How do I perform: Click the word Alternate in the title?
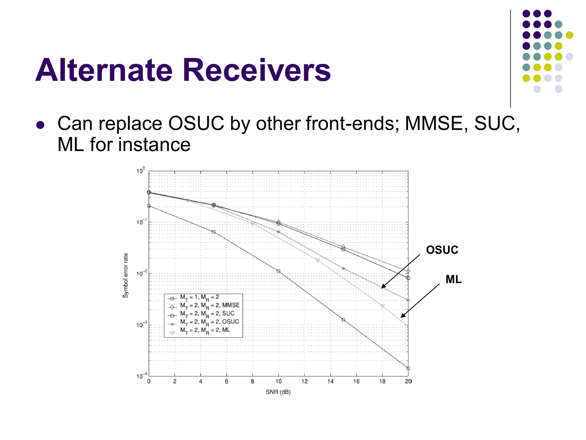click(x=104, y=70)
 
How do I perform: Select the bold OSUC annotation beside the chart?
click(x=442, y=250)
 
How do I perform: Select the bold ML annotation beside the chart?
click(x=454, y=279)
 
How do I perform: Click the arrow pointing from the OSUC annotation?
click(x=401, y=271)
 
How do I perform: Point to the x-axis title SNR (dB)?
click(x=278, y=392)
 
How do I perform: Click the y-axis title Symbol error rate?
click(x=125, y=275)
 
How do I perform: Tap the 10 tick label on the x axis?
click(x=278, y=381)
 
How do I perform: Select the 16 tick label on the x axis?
click(x=356, y=381)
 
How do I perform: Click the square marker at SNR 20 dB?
click(x=408, y=368)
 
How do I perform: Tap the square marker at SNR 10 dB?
click(x=278, y=271)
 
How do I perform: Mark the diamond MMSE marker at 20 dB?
click(x=408, y=271)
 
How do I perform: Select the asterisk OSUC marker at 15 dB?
click(x=343, y=269)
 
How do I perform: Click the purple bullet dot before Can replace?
click(x=40, y=125)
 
